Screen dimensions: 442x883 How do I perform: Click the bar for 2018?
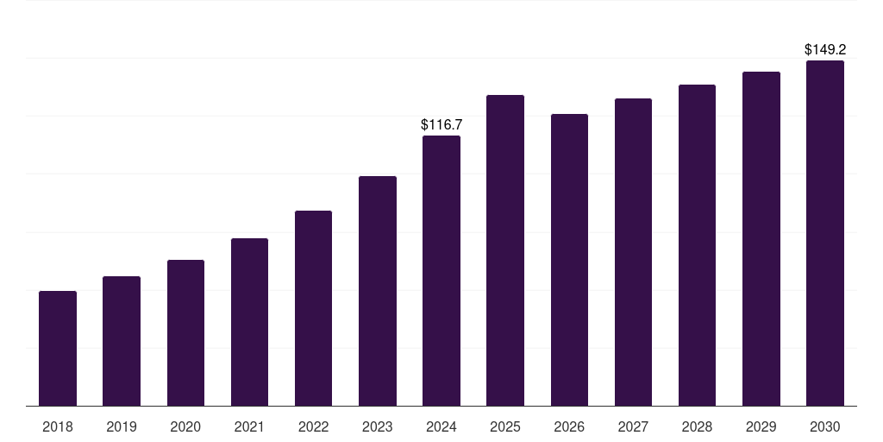click(x=58, y=349)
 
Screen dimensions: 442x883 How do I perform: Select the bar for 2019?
click(x=122, y=341)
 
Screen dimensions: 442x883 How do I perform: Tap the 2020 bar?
click(x=185, y=333)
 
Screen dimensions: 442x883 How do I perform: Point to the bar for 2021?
click(x=249, y=322)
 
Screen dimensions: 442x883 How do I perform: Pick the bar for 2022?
click(x=313, y=308)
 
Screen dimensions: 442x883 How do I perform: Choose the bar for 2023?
click(x=378, y=291)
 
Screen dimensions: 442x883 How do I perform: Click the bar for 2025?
click(x=505, y=250)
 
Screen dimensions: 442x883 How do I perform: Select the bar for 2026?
click(x=569, y=260)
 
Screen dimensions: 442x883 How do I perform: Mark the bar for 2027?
click(x=633, y=252)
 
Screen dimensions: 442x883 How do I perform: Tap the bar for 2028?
click(x=697, y=245)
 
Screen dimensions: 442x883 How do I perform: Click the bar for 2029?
click(x=761, y=239)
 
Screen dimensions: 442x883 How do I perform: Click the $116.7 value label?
click(x=441, y=125)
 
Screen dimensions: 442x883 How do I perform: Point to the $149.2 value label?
click(x=825, y=50)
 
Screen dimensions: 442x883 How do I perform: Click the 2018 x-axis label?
click(x=58, y=426)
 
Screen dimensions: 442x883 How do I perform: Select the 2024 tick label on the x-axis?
click(x=441, y=426)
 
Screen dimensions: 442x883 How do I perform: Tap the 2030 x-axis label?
click(x=825, y=426)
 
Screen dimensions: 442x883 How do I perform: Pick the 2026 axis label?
click(x=569, y=426)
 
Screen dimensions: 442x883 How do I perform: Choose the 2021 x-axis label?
click(x=249, y=426)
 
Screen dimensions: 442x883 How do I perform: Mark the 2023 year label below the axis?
click(x=378, y=426)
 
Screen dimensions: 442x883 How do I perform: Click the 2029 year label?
click(x=761, y=426)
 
